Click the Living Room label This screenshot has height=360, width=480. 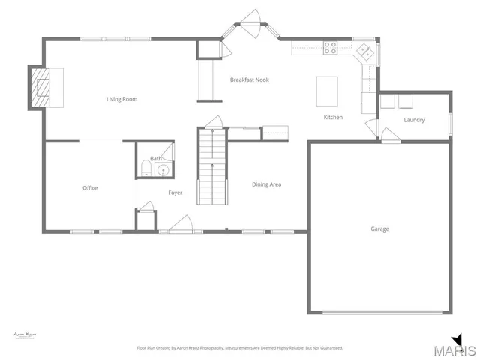(121, 99)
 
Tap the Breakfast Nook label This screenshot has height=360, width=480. (250, 79)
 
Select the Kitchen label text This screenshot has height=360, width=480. (333, 118)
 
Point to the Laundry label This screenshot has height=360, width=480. (414, 120)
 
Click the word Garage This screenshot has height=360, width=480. (379, 229)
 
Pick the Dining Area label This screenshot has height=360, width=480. (266, 184)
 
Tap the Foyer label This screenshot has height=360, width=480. (175, 193)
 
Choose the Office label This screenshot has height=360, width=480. (90, 188)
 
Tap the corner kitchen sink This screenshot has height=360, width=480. (364, 52)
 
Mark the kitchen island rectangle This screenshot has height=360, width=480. (325, 91)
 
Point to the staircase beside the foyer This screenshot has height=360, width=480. (211, 166)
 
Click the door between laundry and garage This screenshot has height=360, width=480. (389, 136)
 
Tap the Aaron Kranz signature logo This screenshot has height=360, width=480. (25, 334)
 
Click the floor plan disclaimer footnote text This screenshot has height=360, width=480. (240, 348)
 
